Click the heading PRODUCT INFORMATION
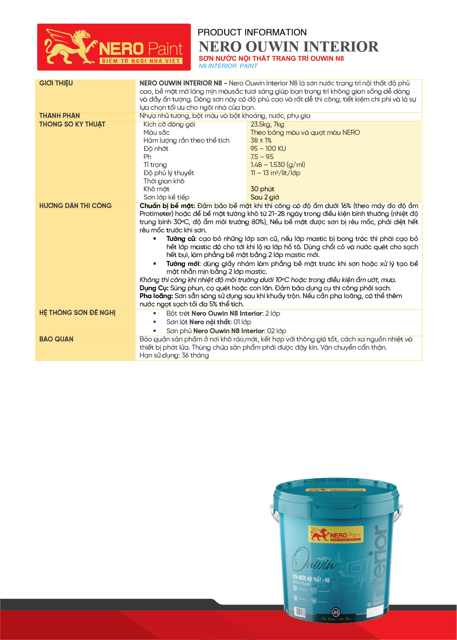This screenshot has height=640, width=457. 252,33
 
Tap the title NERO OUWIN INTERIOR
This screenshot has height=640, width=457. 288,47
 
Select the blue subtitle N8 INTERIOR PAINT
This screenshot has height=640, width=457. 228,66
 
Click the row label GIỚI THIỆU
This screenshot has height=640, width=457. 56,83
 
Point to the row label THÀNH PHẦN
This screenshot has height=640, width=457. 59,116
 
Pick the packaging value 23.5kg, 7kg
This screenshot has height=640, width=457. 267,124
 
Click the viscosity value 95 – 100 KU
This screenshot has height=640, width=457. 268,149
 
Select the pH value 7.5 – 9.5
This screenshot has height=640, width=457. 262,157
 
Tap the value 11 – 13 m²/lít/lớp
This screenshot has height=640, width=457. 275,173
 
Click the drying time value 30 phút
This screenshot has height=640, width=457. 262,189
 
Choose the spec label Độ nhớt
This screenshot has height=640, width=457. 156,149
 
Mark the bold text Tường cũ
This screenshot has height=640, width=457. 181,239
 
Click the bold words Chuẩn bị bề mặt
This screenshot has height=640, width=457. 167,206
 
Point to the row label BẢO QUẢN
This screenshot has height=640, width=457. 56,339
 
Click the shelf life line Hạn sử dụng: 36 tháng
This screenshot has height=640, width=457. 174,355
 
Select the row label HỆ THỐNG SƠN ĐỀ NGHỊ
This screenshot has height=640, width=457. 77,313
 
